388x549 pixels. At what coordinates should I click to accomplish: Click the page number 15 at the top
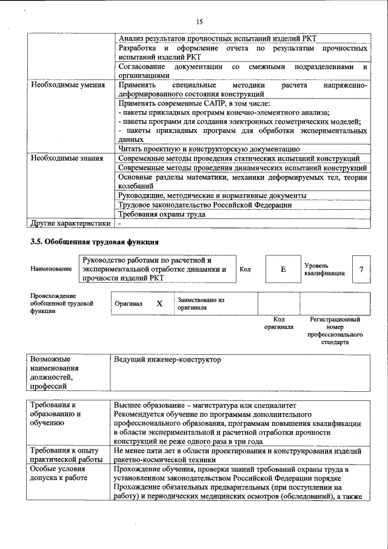[x=198, y=22]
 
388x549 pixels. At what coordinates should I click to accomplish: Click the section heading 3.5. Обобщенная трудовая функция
[x=95, y=241]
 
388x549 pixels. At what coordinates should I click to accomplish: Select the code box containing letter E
[x=283, y=269]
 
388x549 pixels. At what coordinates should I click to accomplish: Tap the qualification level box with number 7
[x=361, y=269]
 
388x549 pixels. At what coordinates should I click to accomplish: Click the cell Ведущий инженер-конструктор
[x=167, y=360]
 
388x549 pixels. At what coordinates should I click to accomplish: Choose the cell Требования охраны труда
[x=162, y=214]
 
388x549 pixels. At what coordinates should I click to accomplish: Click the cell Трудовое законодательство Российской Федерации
[x=205, y=205]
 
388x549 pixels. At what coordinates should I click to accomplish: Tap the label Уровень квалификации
[x=324, y=269]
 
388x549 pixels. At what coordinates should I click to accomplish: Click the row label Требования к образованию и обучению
[x=56, y=413]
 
